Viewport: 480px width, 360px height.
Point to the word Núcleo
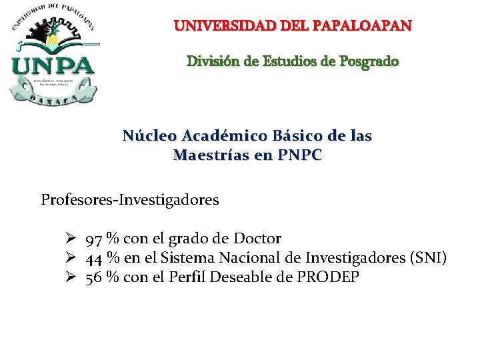(149, 136)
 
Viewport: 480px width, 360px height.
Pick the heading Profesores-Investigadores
(130, 199)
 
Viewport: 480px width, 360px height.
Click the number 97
(94, 239)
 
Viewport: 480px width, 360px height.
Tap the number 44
(94, 258)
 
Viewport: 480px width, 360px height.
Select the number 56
(94, 277)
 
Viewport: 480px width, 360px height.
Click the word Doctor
(257, 239)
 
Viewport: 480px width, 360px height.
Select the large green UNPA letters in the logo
(53, 67)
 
